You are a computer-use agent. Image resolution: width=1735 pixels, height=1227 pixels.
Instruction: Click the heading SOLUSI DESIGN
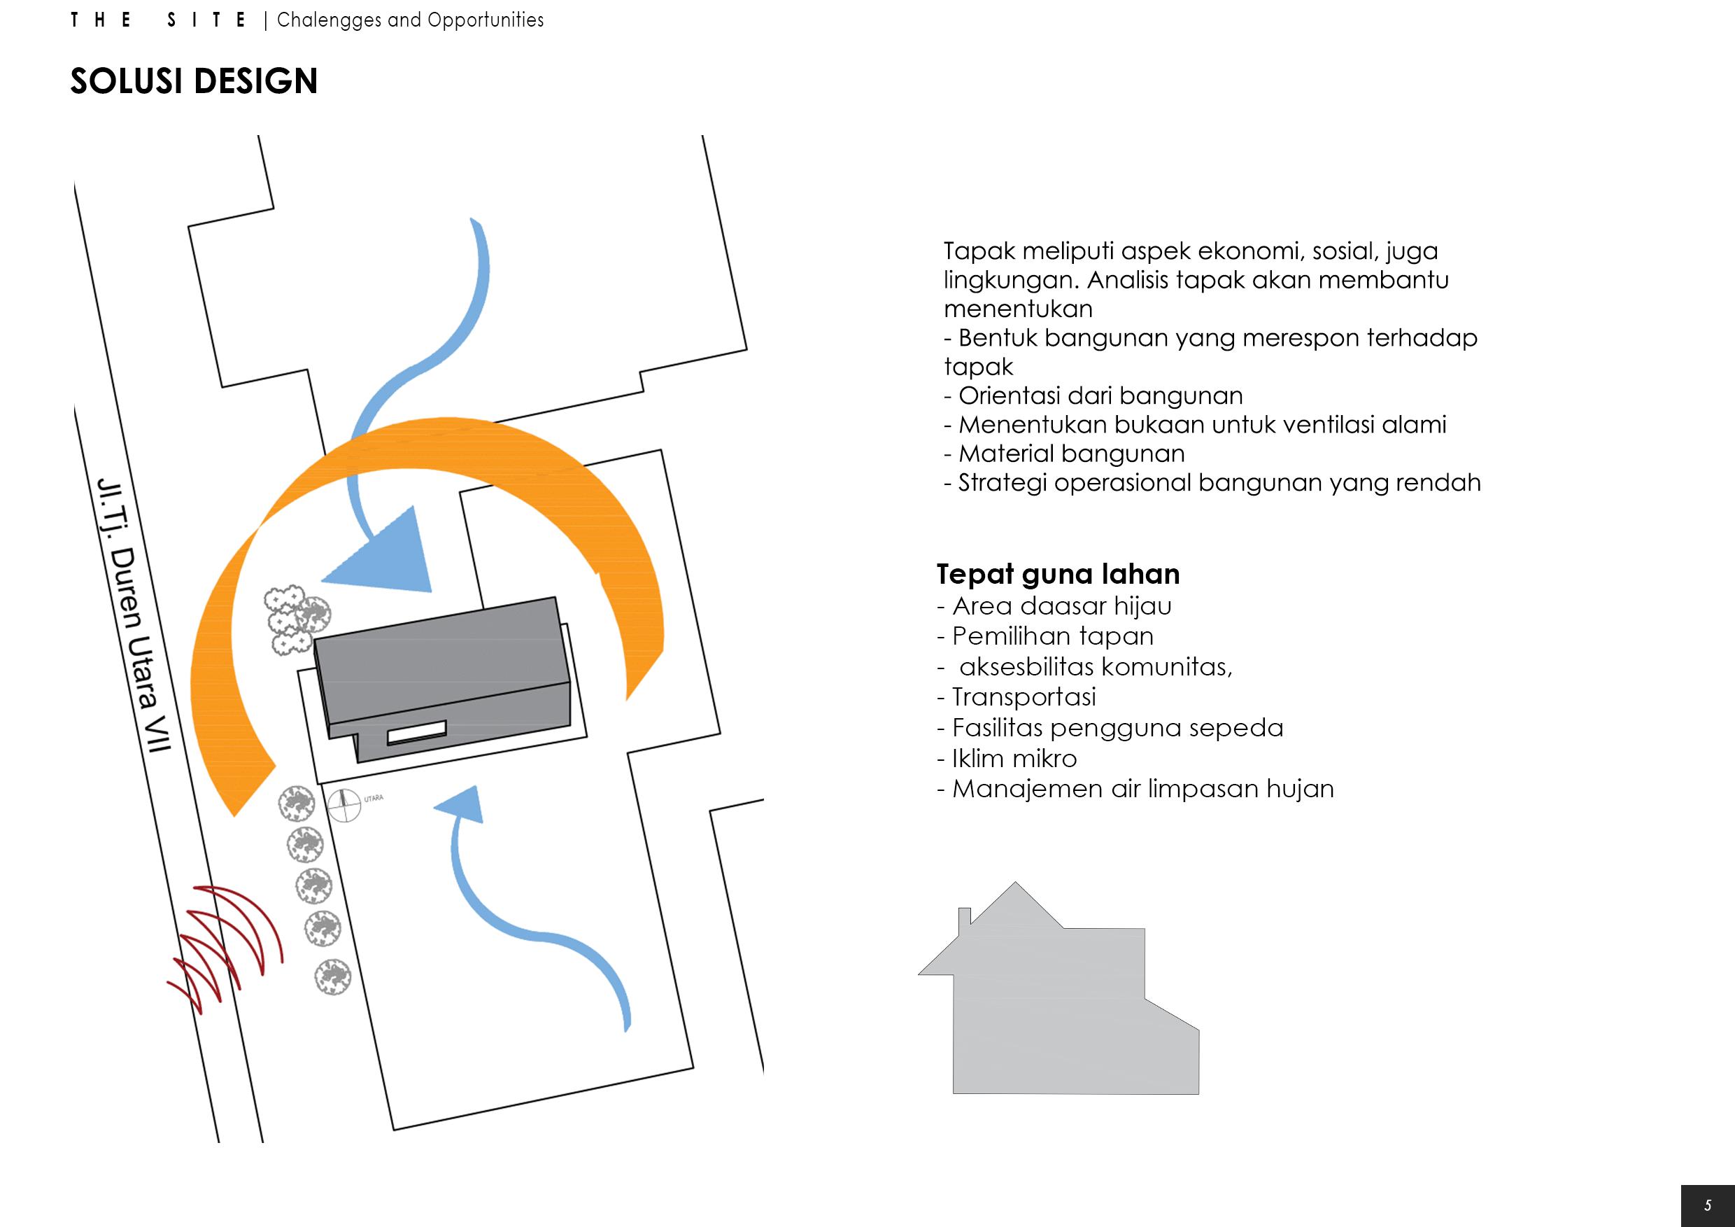point(194,82)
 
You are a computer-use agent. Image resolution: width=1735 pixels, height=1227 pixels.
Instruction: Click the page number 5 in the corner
point(1707,1205)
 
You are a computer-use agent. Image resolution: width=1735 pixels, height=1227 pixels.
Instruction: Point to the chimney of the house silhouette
point(964,916)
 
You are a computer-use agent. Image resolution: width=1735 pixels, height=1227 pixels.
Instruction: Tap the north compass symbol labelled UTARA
point(345,804)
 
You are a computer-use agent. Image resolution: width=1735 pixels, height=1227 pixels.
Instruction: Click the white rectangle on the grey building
point(416,732)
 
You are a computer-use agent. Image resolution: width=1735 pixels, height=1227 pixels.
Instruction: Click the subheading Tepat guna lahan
point(1058,575)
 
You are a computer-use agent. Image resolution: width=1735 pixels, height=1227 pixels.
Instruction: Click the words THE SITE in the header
point(159,20)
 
